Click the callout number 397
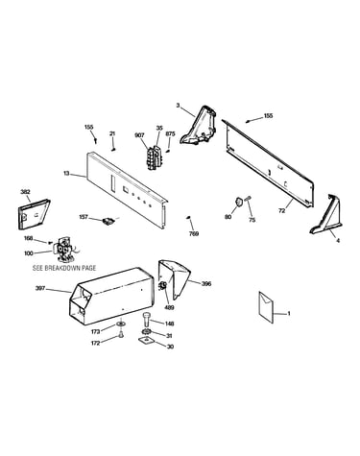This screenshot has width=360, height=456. (x=40, y=289)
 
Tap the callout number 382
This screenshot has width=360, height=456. (x=25, y=192)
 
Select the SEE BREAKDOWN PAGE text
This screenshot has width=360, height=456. (x=64, y=268)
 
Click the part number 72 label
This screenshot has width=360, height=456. (x=281, y=211)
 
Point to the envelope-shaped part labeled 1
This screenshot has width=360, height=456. (x=266, y=307)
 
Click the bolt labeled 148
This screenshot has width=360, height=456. (x=146, y=320)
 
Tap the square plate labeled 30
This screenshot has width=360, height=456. (x=146, y=341)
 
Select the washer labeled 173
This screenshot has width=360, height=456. (x=121, y=324)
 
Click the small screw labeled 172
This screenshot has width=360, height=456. (x=121, y=334)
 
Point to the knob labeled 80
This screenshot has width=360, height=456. (x=238, y=202)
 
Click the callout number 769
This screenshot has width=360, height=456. (x=194, y=234)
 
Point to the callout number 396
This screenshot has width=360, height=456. (x=206, y=283)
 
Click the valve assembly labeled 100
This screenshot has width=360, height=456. (x=65, y=250)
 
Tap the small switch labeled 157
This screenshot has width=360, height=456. (x=108, y=221)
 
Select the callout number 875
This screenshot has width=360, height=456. (x=170, y=134)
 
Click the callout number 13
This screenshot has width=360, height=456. (x=66, y=173)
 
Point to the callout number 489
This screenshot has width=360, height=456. (x=169, y=308)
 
